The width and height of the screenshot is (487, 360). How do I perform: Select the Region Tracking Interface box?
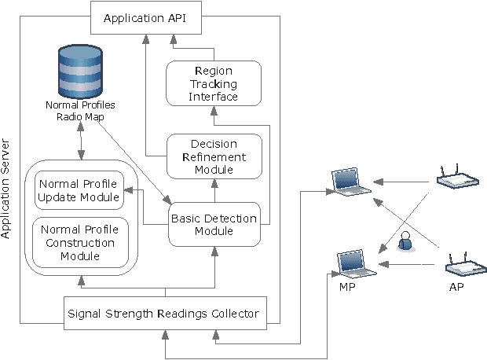pos(212,83)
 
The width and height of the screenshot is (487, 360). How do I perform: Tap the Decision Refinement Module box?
pos(212,156)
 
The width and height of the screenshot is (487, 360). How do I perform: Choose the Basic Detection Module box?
pos(212,224)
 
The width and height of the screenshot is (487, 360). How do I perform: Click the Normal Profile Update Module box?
pos(79,189)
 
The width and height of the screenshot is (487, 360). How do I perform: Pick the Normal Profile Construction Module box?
pos(79,243)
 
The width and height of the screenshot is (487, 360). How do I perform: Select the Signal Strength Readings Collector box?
pos(163,314)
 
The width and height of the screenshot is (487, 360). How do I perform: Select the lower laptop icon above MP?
pos(357,265)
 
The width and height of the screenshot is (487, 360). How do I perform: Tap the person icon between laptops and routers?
pos(405,241)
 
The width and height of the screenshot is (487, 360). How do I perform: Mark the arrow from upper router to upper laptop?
pos(405,181)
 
